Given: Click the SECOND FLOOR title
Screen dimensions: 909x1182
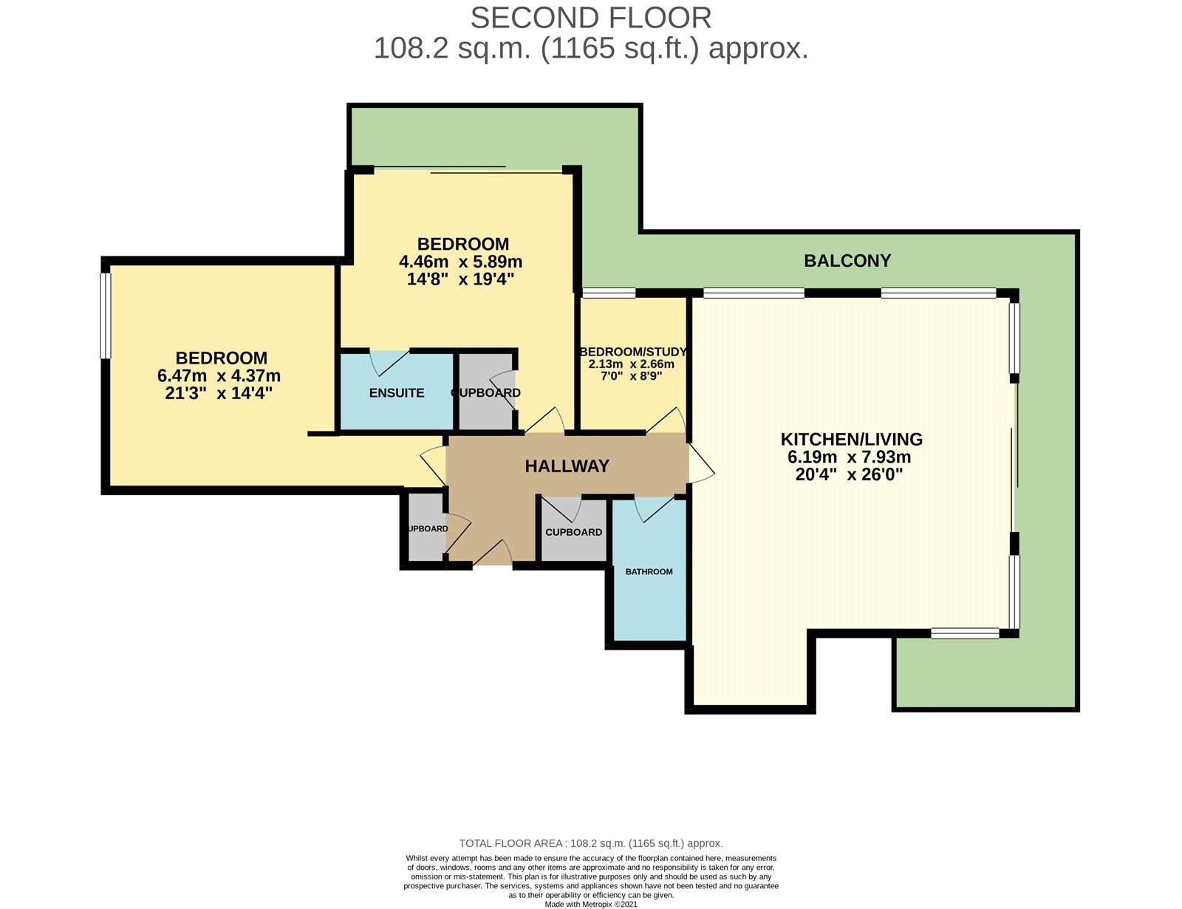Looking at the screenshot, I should click(590, 17).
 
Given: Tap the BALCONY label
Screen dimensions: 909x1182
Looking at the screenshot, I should click(847, 260).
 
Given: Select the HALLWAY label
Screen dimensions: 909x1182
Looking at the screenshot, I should click(567, 466).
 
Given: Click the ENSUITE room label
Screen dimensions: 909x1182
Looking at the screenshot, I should click(397, 392).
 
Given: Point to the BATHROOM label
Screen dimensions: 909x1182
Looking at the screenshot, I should click(649, 571).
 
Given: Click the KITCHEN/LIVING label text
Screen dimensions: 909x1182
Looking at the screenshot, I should click(851, 439).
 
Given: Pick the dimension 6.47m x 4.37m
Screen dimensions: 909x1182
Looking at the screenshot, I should click(219, 375).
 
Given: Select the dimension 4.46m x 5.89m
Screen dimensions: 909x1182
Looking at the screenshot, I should click(460, 262).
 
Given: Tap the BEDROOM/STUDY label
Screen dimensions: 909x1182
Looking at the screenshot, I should click(633, 352).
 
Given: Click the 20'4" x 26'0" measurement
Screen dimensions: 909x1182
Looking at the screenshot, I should click(849, 474).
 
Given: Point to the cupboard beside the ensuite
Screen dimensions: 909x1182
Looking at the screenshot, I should click(485, 392).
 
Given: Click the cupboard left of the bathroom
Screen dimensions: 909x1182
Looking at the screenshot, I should click(573, 532).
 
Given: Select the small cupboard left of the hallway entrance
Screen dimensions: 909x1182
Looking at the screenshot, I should click(426, 529).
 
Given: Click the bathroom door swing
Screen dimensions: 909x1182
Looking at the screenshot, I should click(653, 508).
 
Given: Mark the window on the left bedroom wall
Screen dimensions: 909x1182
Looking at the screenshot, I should click(106, 316).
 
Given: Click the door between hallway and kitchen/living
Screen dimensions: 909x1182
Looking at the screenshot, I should click(700, 464).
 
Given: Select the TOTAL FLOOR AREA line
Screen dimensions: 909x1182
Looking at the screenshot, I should click(590, 843).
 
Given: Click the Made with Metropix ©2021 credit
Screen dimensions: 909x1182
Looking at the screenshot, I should click(590, 904).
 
